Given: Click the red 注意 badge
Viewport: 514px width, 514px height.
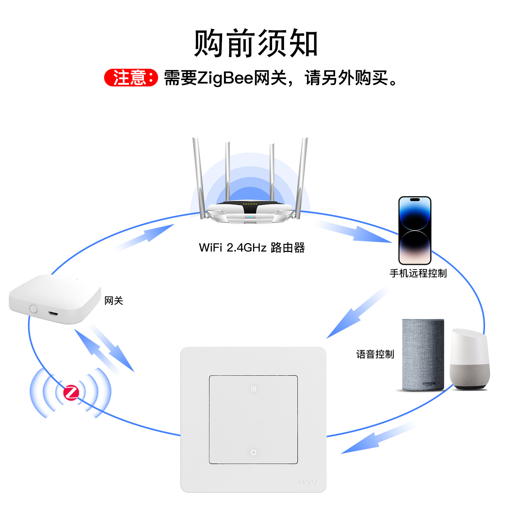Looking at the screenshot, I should coord(131,77).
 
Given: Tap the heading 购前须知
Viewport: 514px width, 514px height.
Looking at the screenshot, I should coord(256,43).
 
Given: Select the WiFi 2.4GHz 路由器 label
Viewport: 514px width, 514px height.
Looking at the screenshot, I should coord(252,248).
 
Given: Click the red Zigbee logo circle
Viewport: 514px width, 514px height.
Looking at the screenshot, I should coord(71,392).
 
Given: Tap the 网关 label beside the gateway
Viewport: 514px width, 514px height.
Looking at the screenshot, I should coord(114,301).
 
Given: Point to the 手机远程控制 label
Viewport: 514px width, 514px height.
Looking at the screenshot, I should coord(418,273).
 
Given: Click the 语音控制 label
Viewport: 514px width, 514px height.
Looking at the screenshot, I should coord(375,354).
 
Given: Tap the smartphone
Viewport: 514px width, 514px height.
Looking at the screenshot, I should coord(415,230).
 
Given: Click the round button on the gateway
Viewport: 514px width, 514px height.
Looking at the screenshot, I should coord(33,309).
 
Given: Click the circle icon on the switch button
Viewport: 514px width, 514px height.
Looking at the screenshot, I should coord(253,452).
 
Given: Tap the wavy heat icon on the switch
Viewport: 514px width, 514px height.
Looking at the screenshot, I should coord(253,389).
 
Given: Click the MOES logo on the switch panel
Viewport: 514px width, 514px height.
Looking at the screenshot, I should coord(308,482).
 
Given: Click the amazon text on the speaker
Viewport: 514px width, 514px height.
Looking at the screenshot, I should coord(429,384).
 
